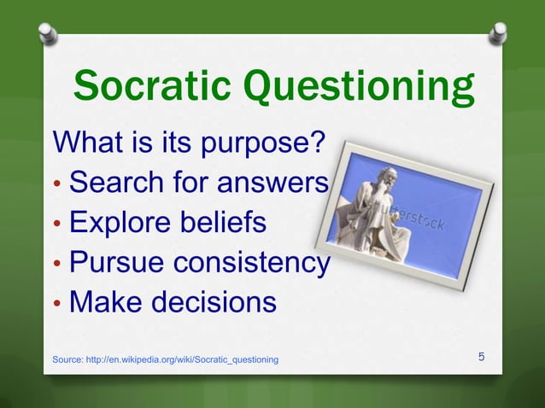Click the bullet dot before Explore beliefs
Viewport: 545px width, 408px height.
(57, 224)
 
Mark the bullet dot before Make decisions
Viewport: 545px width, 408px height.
(57, 305)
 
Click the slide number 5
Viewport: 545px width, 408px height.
(482, 357)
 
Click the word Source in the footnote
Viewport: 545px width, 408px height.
(68, 360)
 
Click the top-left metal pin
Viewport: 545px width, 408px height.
(49, 35)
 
